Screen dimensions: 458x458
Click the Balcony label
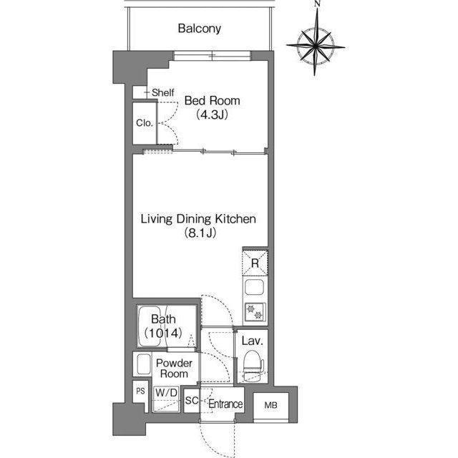pos(199,29)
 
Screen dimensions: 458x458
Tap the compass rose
pos(316,46)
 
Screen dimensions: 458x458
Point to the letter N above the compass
pos(318,4)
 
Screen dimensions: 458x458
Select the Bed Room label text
pos(213,101)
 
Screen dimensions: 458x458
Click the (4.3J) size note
pos(212,114)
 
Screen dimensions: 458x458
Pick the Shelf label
pos(163,92)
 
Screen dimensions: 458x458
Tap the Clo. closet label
pos(145,123)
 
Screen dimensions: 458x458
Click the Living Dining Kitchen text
pos(198,219)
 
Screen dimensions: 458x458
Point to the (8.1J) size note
pos(200,233)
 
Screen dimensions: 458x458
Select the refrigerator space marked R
pos(255,263)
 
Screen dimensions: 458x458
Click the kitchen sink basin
pos(255,287)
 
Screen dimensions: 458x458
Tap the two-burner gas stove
pos(255,313)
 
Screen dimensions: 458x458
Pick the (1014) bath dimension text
pos(164,333)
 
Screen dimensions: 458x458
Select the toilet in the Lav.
pos(253,366)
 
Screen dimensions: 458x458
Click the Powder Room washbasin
pos(143,364)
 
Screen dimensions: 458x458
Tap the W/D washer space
pos(166,399)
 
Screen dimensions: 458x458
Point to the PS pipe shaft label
pos(140,391)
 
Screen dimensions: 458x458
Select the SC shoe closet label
pos(192,401)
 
